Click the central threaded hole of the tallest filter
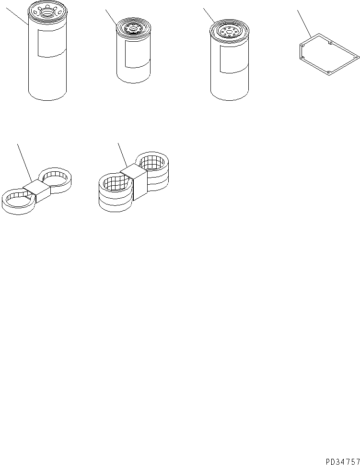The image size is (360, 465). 47,12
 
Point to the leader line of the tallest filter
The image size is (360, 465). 17,16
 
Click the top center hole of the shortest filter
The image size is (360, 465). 133,29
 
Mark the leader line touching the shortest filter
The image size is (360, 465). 111,17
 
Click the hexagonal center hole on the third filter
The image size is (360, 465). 229,31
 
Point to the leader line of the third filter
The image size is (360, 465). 209,15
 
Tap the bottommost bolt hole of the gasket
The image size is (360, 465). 329,72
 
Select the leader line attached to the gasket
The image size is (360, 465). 304,24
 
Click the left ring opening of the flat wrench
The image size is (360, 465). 17,199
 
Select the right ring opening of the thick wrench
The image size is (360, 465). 152,161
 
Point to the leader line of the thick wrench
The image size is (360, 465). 123,155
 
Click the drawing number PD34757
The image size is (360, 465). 343,462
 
